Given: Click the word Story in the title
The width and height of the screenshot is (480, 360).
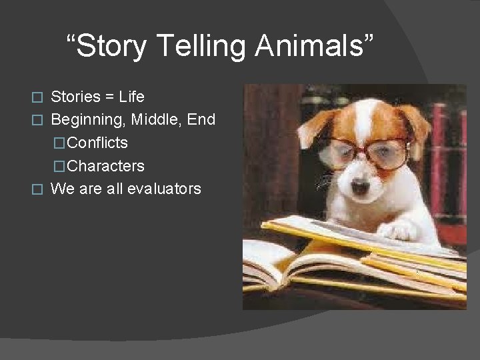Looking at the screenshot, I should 111,47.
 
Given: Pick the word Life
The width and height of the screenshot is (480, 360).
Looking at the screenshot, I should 131,97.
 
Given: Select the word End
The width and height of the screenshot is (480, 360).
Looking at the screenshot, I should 201,120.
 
